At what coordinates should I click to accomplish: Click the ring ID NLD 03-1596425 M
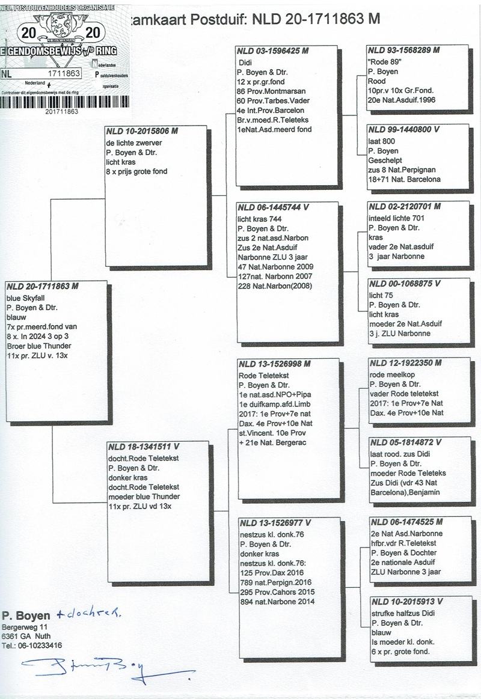point(272,51)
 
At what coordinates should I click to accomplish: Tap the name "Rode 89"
point(385,62)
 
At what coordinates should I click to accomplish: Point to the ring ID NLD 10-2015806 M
point(142,130)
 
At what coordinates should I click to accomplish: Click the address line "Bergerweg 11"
point(23,627)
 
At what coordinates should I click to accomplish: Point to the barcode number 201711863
point(61,111)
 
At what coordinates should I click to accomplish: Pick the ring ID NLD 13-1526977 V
point(274,522)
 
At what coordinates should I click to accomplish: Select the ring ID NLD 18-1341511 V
point(144,447)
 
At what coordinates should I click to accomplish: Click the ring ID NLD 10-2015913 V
point(406,601)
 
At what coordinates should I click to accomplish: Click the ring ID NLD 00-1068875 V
point(405,284)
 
